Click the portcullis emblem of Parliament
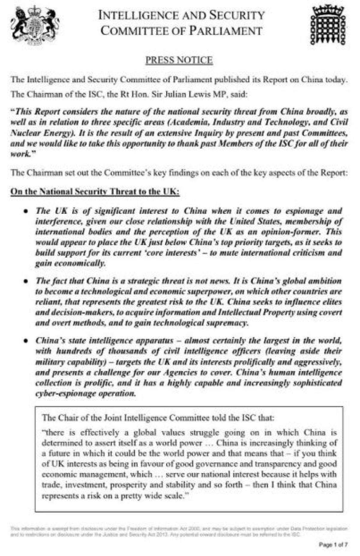pyautogui.click(x=328, y=25)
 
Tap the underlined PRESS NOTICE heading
pyautogui.click(x=179, y=60)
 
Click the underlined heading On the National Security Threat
pyautogui.click(x=95, y=192)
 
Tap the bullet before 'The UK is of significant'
pyautogui.click(x=26, y=211)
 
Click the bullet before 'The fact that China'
pyautogui.click(x=26, y=281)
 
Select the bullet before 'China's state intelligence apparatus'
pyautogui.click(x=26, y=341)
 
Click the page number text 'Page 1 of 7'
pyautogui.click(x=333, y=544)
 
